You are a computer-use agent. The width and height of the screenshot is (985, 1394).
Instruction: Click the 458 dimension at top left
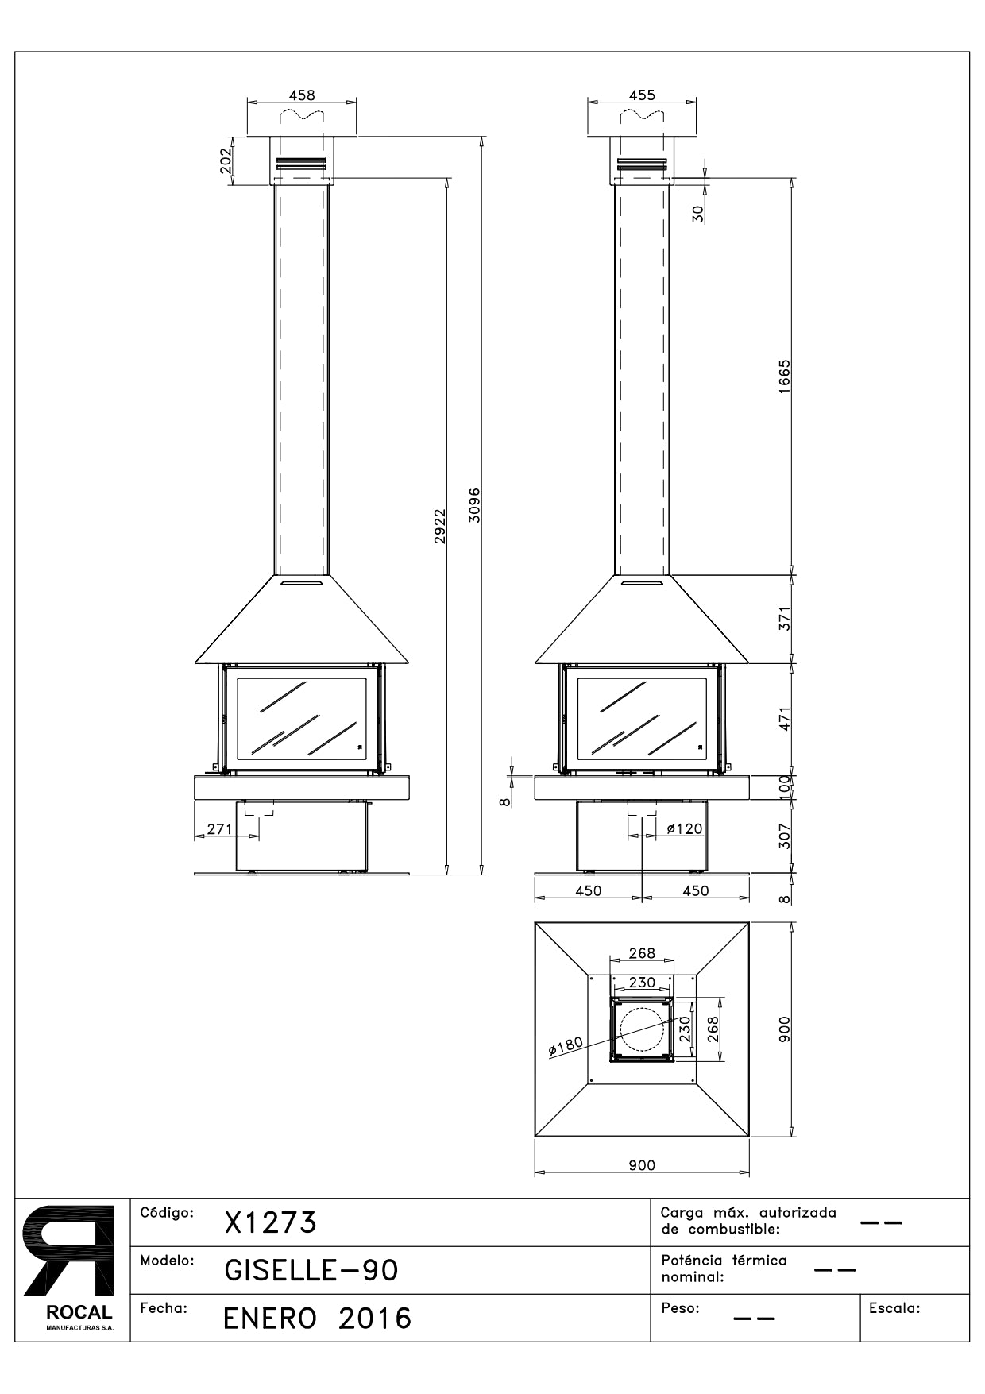point(301,95)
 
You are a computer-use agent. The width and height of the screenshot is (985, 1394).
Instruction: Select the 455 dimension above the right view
point(642,95)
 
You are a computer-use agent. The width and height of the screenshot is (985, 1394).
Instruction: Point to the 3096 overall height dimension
point(474,505)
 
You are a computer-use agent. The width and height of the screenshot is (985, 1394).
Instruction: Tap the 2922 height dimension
point(439,526)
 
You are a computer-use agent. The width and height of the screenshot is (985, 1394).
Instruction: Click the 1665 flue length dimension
point(784,376)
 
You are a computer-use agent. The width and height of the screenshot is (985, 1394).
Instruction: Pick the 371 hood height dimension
point(784,618)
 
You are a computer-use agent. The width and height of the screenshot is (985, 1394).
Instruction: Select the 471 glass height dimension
point(784,719)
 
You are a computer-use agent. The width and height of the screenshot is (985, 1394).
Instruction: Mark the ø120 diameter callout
point(684,829)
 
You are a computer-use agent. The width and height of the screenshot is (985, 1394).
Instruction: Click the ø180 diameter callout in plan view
point(566,1046)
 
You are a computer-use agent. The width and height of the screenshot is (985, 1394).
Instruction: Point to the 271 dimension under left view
point(219,829)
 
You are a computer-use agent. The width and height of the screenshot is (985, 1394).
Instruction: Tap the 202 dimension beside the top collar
point(225,161)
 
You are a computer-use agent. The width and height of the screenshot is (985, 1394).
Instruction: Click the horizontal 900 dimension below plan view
point(642,1165)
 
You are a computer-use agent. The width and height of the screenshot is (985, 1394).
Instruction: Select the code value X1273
point(271,1222)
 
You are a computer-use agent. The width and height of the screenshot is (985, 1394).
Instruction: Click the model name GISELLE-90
point(311,1270)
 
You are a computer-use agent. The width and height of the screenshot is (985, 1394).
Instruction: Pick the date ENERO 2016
point(318,1319)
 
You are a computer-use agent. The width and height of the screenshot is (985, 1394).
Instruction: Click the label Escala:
point(894,1308)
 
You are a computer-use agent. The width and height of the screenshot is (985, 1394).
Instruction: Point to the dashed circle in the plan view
point(642,1029)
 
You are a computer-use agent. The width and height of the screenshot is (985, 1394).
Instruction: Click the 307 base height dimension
point(784,836)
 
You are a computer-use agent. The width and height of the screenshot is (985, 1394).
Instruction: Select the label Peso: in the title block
point(680,1308)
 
